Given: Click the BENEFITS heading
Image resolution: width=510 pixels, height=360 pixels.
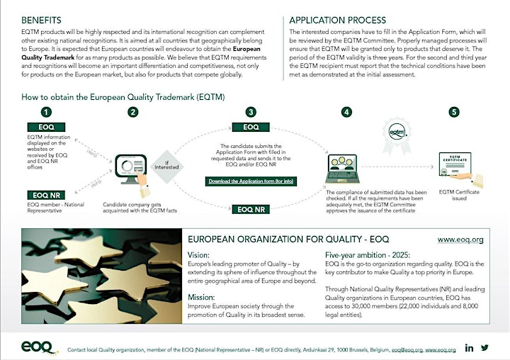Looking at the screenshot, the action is [41, 20].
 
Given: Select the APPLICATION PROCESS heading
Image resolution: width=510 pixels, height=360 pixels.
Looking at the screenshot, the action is [338, 20].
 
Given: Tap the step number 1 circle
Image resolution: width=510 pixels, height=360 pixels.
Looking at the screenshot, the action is [46, 112].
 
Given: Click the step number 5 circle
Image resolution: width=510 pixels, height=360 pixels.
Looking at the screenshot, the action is [454, 112].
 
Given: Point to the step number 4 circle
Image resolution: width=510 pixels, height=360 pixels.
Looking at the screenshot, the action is [346, 112].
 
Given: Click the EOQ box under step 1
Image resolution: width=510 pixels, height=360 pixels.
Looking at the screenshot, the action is [46, 127].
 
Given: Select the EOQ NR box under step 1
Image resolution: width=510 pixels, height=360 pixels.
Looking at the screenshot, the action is [46, 195].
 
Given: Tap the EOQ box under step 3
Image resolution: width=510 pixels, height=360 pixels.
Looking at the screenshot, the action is [251, 127].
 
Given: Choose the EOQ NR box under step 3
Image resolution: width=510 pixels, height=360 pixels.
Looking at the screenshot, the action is [251, 209].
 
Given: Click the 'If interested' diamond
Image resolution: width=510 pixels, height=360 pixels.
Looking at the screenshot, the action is [167, 167].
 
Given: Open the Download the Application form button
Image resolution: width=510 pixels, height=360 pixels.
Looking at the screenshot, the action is [251, 181].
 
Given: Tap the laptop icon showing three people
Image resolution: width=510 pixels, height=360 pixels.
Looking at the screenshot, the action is [343, 169].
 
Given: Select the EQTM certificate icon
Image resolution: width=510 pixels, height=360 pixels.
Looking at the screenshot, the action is [458, 169].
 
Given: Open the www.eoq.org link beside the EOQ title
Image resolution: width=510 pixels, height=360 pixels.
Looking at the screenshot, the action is [460, 240].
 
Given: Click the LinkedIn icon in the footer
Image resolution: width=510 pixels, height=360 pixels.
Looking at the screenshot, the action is [469, 348].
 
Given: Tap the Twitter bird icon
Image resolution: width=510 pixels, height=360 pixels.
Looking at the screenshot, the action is [484, 348].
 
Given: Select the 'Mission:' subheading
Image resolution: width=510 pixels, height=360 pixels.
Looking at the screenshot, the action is [201, 297].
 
